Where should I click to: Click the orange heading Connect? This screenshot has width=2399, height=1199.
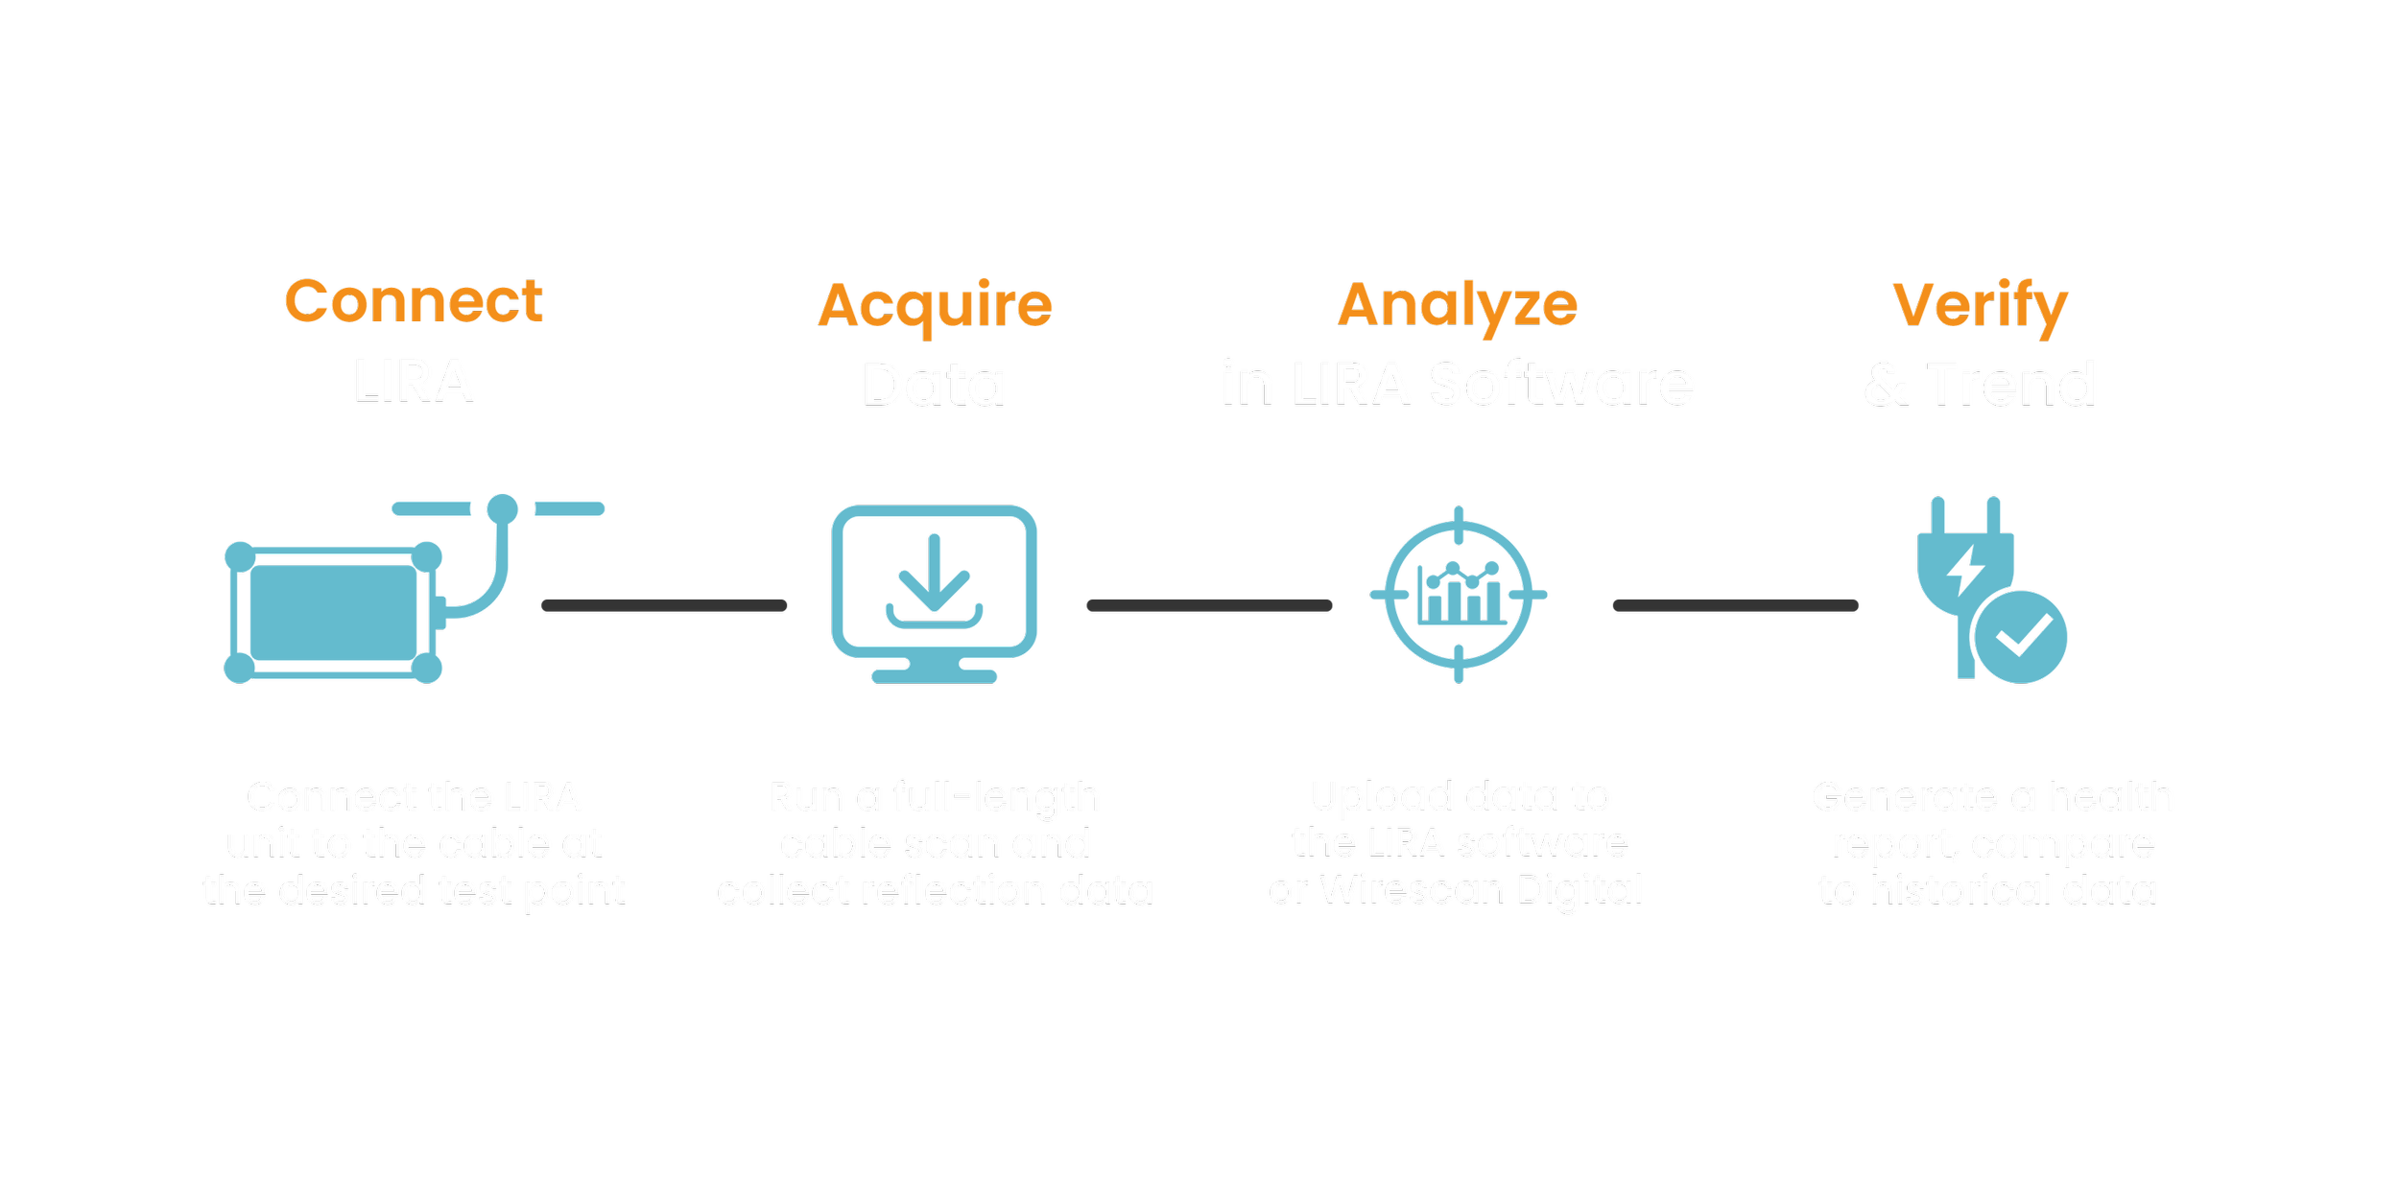coord(414,301)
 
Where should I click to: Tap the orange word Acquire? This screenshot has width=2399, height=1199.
coord(935,305)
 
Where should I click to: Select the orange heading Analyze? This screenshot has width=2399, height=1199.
coord(1458,305)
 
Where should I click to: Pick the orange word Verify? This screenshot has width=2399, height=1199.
coord(1980,305)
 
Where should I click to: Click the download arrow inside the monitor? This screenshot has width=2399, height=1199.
coord(935,576)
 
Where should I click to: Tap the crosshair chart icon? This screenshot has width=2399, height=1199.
coord(1459,595)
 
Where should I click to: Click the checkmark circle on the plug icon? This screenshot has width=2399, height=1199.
coord(2021,637)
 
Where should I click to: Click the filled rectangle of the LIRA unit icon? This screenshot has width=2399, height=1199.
coord(333,612)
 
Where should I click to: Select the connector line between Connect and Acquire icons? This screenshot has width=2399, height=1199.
coord(664,605)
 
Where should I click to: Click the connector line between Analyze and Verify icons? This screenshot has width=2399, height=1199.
coord(1736,605)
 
